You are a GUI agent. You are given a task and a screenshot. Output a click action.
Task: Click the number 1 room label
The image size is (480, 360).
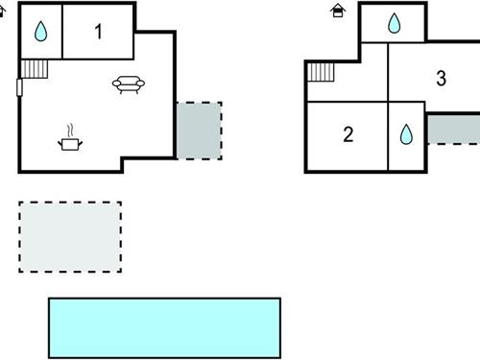[x=99, y=32]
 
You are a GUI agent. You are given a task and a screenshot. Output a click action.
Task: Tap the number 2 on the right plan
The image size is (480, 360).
[x=348, y=134]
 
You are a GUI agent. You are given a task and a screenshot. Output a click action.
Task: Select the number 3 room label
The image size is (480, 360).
[x=441, y=79]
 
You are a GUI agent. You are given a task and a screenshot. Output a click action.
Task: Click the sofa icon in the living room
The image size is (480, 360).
[x=129, y=85]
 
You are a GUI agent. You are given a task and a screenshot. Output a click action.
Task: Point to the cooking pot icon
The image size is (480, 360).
[x=71, y=144]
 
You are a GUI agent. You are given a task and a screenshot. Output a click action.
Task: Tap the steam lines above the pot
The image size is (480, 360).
[x=70, y=129]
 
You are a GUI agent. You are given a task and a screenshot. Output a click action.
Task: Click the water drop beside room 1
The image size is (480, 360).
[x=40, y=32]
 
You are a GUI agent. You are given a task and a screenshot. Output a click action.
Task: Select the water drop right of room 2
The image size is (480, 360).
[x=405, y=134]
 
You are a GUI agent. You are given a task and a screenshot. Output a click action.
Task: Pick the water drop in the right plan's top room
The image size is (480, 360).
[x=394, y=24]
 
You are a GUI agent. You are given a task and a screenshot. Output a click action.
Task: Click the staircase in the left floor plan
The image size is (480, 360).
[x=34, y=68]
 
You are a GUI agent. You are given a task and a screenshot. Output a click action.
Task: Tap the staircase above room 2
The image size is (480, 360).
[x=320, y=73]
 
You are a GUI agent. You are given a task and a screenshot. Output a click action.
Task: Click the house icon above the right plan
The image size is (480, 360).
[x=338, y=11]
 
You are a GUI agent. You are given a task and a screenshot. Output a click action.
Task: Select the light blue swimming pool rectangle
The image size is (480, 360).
[x=164, y=327]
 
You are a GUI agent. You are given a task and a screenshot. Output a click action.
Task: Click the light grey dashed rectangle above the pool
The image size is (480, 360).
[x=70, y=236]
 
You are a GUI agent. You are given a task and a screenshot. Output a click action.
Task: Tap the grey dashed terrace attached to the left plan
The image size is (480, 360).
[x=199, y=130]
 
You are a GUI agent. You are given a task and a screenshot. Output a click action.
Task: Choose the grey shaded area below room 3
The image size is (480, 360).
[x=452, y=129]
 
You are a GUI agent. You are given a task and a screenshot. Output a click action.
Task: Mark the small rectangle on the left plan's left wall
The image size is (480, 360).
[x=19, y=88]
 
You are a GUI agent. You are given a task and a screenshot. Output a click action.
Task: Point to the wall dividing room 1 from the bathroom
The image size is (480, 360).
[x=63, y=32]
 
